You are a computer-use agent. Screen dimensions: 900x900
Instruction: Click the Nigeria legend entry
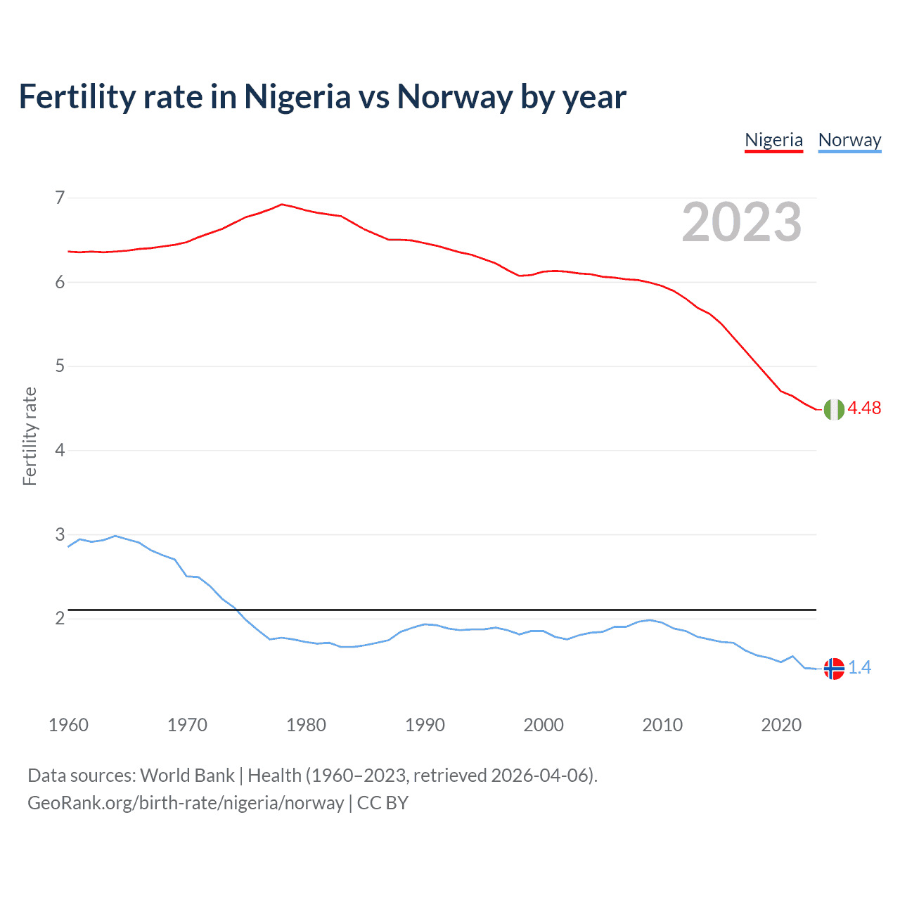(x=773, y=140)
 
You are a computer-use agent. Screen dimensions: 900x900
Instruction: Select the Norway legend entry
(x=849, y=140)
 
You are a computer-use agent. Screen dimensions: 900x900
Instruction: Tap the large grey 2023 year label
(x=742, y=222)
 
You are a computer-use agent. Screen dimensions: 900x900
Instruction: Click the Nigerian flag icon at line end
(x=834, y=409)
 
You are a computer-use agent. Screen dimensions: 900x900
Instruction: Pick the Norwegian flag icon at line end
(x=834, y=669)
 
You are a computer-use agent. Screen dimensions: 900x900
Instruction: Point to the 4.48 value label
(x=864, y=409)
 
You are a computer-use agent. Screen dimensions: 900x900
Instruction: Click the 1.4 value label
(x=859, y=668)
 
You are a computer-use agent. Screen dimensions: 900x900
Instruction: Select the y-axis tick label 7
(x=60, y=198)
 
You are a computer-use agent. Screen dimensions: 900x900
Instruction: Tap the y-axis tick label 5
(x=60, y=366)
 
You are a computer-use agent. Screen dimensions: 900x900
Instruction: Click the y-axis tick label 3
(x=60, y=534)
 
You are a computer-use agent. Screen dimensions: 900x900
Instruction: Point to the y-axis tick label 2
(x=60, y=619)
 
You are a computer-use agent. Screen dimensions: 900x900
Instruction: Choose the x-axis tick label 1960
(x=68, y=725)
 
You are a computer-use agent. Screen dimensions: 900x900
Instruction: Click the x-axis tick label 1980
(x=306, y=725)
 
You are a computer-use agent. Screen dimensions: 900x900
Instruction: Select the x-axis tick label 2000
(x=544, y=725)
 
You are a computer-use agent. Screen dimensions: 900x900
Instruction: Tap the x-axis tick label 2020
(x=781, y=725)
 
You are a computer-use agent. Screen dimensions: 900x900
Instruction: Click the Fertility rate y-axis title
(x=30, y=437)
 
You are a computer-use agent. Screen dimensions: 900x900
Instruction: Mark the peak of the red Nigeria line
(x=282, y=205)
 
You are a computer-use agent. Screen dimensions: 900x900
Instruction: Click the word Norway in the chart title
(x=454, y=97)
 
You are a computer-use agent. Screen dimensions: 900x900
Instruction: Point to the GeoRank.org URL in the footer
(x=186, y=803)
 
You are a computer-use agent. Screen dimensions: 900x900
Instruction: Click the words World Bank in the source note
(x=187, y=776)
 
